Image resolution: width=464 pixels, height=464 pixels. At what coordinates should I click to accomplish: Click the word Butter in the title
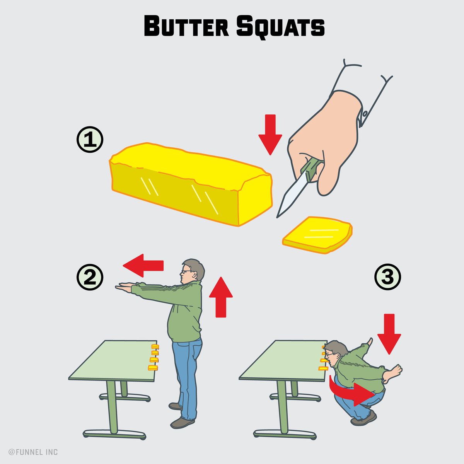[186, 26]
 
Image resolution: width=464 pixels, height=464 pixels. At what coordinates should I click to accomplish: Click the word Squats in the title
[280, 27]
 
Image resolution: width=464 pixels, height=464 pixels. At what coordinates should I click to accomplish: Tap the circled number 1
[90, 140]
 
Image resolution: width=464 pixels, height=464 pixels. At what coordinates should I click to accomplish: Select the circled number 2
[90, 277]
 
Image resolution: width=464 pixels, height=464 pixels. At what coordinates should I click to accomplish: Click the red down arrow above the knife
[270, 135]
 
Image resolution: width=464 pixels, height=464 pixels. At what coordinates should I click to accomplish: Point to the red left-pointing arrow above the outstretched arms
[143, 266]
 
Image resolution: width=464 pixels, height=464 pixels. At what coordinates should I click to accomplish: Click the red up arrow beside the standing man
[221, 297]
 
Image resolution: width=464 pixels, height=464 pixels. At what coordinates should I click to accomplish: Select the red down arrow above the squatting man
[389, 334]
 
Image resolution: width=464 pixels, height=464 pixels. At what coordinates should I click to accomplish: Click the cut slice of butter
[317, 235]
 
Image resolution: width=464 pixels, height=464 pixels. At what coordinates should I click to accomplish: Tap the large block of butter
[191, 184]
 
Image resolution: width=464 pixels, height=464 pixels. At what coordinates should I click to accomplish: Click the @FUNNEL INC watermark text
[33, 452]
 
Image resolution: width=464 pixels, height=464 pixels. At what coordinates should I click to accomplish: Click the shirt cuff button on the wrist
[365, 113]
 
